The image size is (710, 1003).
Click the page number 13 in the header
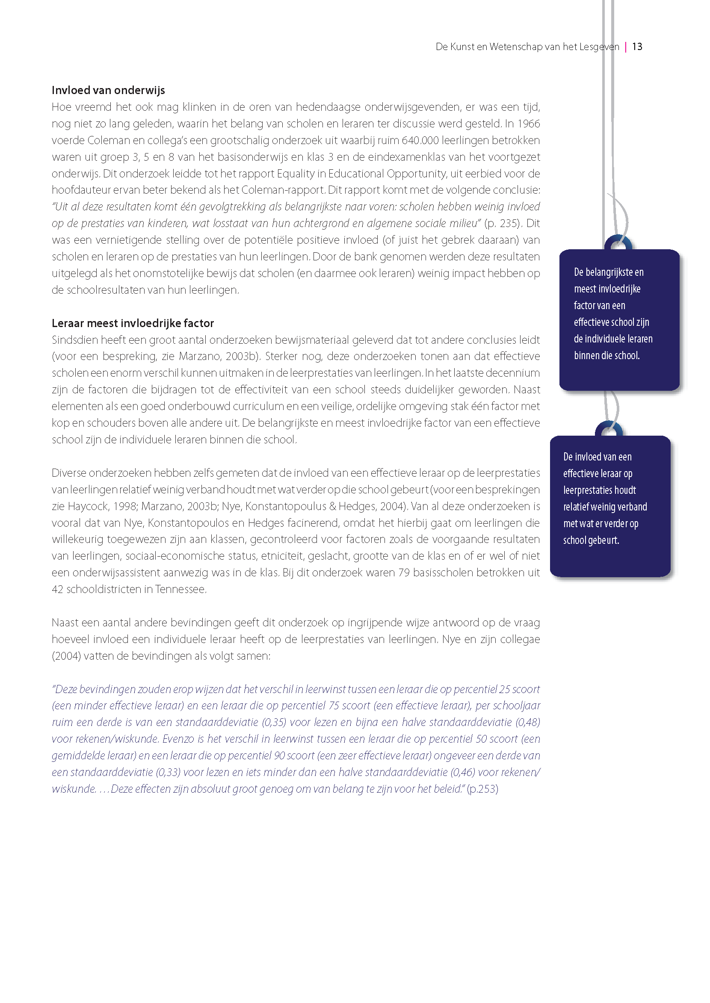click(x=637, y=47)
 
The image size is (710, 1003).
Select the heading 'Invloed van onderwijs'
click(x=108, y=90)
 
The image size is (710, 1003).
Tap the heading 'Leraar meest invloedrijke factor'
click(x=133, y=323)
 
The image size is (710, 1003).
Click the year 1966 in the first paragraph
click(x=529, y=124)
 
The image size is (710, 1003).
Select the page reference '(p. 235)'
click(x=503, y=223)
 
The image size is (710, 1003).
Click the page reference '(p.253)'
click(x=482, y=789)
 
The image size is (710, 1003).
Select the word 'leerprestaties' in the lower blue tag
click(x=599, y=490)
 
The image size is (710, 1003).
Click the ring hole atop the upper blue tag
click(x=618, y=245)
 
